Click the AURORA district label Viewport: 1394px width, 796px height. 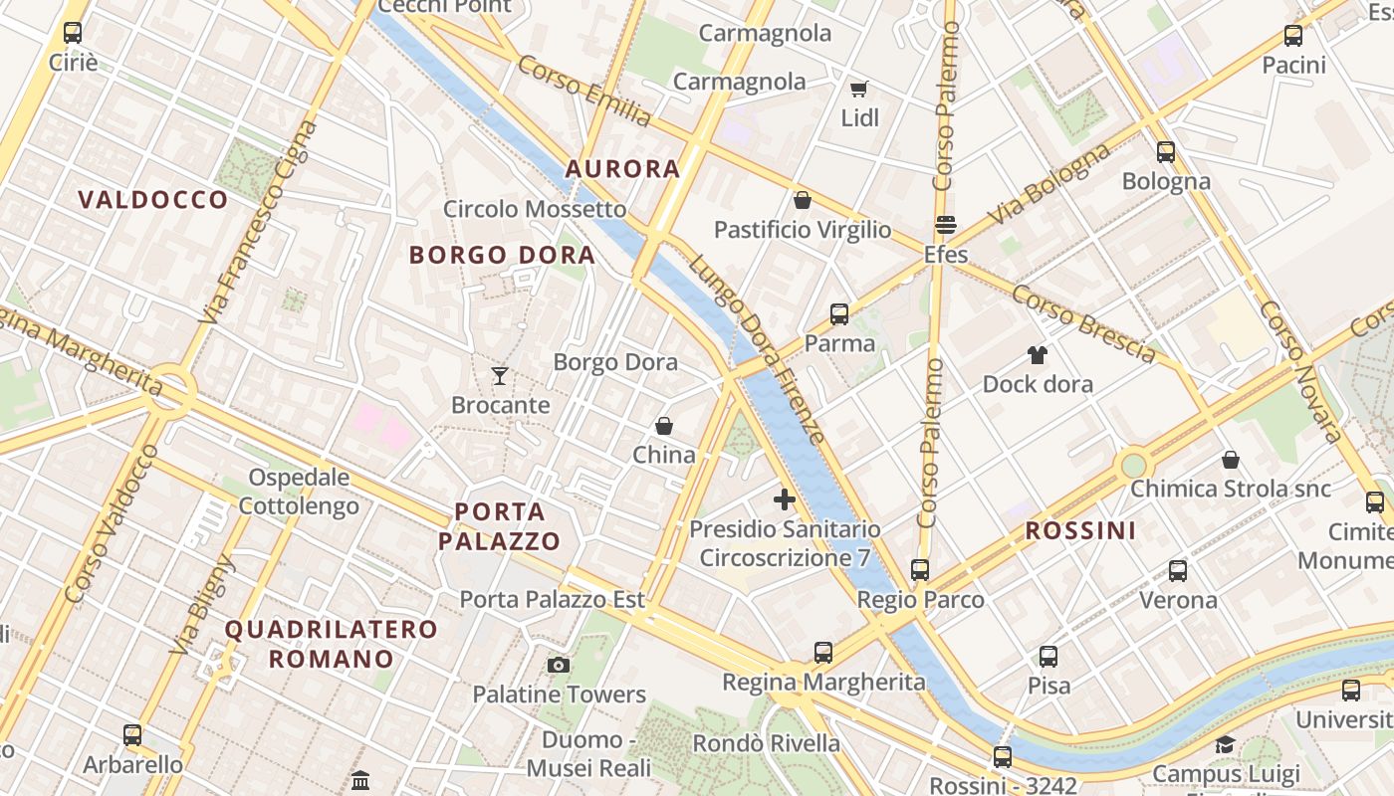click(x=623, y=169)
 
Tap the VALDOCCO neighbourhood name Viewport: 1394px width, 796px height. click(x=153, y=200)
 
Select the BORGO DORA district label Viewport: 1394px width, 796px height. click(x=503, y=255)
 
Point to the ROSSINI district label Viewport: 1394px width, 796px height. click(x=1080, y=531)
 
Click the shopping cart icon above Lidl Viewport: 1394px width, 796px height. click(x=859, y=89)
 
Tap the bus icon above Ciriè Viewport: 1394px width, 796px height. click(x=73, y=33)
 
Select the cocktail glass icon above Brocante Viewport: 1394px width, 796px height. click(x=500, y=375)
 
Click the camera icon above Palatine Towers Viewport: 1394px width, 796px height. click(x=559, y=665)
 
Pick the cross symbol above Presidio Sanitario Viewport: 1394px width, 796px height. click(x=785, y=499)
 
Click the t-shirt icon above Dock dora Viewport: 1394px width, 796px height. click(x=1038, y=354)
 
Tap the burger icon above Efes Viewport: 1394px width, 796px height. click(x=945, y=225)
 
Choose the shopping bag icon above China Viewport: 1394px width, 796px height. click(x=664, y=426)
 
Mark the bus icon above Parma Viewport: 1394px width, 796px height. click(x=839, y=314)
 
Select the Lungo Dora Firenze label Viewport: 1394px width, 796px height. click(x=757, y=349)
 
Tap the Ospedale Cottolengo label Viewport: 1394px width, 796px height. click(x=299, y=492)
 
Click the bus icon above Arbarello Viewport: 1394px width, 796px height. click(x=132, y=736)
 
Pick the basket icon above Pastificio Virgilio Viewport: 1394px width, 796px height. click(x=803, y=200)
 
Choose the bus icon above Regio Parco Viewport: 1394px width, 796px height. click(x=920, y=570)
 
